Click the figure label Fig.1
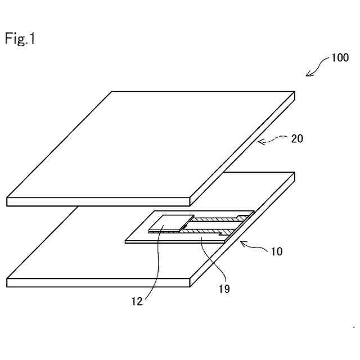point(20,39)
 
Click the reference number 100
point(339,57)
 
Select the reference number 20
point(296,138)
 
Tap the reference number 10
point(276,251)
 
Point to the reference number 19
point(224,289)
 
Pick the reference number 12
point(138,301)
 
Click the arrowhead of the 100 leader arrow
point(307,75)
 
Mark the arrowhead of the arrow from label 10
point(242,242)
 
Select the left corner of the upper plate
point(7,198)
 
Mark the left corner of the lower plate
point(7,279)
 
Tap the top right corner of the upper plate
point(295,92)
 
